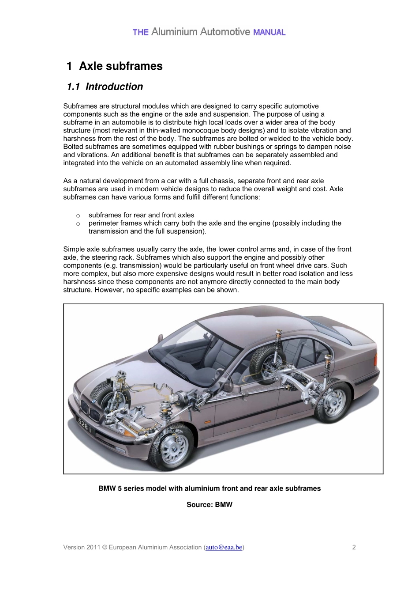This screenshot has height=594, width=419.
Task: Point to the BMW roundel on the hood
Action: [x=94, y=401]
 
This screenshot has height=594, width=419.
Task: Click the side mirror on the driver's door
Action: [x=228, y=386]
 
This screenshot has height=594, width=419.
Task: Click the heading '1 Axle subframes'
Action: [x=115, y=66]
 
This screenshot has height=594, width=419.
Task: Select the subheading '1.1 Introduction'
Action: [x=105, y=87]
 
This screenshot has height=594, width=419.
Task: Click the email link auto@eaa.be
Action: [x=224, y=547]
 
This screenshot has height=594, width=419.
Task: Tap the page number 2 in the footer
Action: [x=354, y=547]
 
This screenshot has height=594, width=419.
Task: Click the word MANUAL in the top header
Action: [x=269, y=32]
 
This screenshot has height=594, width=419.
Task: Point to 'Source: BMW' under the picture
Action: [x=209, y=504]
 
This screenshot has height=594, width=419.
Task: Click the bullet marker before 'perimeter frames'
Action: [x=78, y=224]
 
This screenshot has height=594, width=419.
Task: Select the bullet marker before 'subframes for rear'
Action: [x=78, y=216]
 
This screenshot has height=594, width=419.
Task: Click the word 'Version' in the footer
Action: [x=74, y=547]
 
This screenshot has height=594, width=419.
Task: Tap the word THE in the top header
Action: [x=140, y=32]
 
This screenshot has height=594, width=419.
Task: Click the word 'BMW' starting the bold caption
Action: [x=107, y=488]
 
